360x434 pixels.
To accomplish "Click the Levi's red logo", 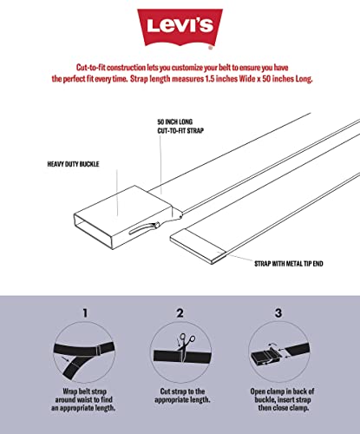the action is click(180, 27).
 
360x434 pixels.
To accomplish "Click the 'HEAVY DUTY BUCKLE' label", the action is click(73, 164).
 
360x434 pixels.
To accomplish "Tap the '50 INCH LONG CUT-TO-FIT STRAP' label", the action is click(180, 126).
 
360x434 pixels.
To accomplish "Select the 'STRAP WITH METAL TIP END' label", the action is click(289, 264).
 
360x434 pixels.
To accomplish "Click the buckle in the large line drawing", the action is click(128, 217).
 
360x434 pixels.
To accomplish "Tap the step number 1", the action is click(85, 312).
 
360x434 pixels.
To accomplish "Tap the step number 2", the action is click(180, 312).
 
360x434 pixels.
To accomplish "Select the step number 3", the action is click(278, 312).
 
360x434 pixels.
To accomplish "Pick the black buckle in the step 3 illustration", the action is click(265, 358).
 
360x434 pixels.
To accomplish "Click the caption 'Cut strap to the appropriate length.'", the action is click(182, 396).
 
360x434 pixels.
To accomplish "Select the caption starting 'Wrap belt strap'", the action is click(83, 399).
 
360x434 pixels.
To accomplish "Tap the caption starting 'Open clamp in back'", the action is click(282, 399).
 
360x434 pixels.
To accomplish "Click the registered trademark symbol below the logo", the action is click(211, 48).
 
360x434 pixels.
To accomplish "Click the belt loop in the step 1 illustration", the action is click(99, 350).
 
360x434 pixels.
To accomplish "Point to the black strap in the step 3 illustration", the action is click(298, 350).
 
